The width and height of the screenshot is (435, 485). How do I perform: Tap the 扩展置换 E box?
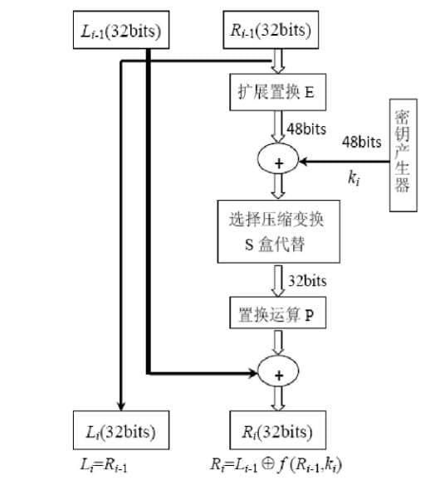tap(272, 93)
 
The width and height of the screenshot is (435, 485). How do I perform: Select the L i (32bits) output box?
tap(123, 432)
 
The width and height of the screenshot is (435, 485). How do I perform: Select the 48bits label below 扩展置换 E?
tap(307, 129)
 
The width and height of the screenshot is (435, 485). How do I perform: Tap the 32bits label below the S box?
tap(307, 281)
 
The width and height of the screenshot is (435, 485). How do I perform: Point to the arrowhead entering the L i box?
tap(123, 405)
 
